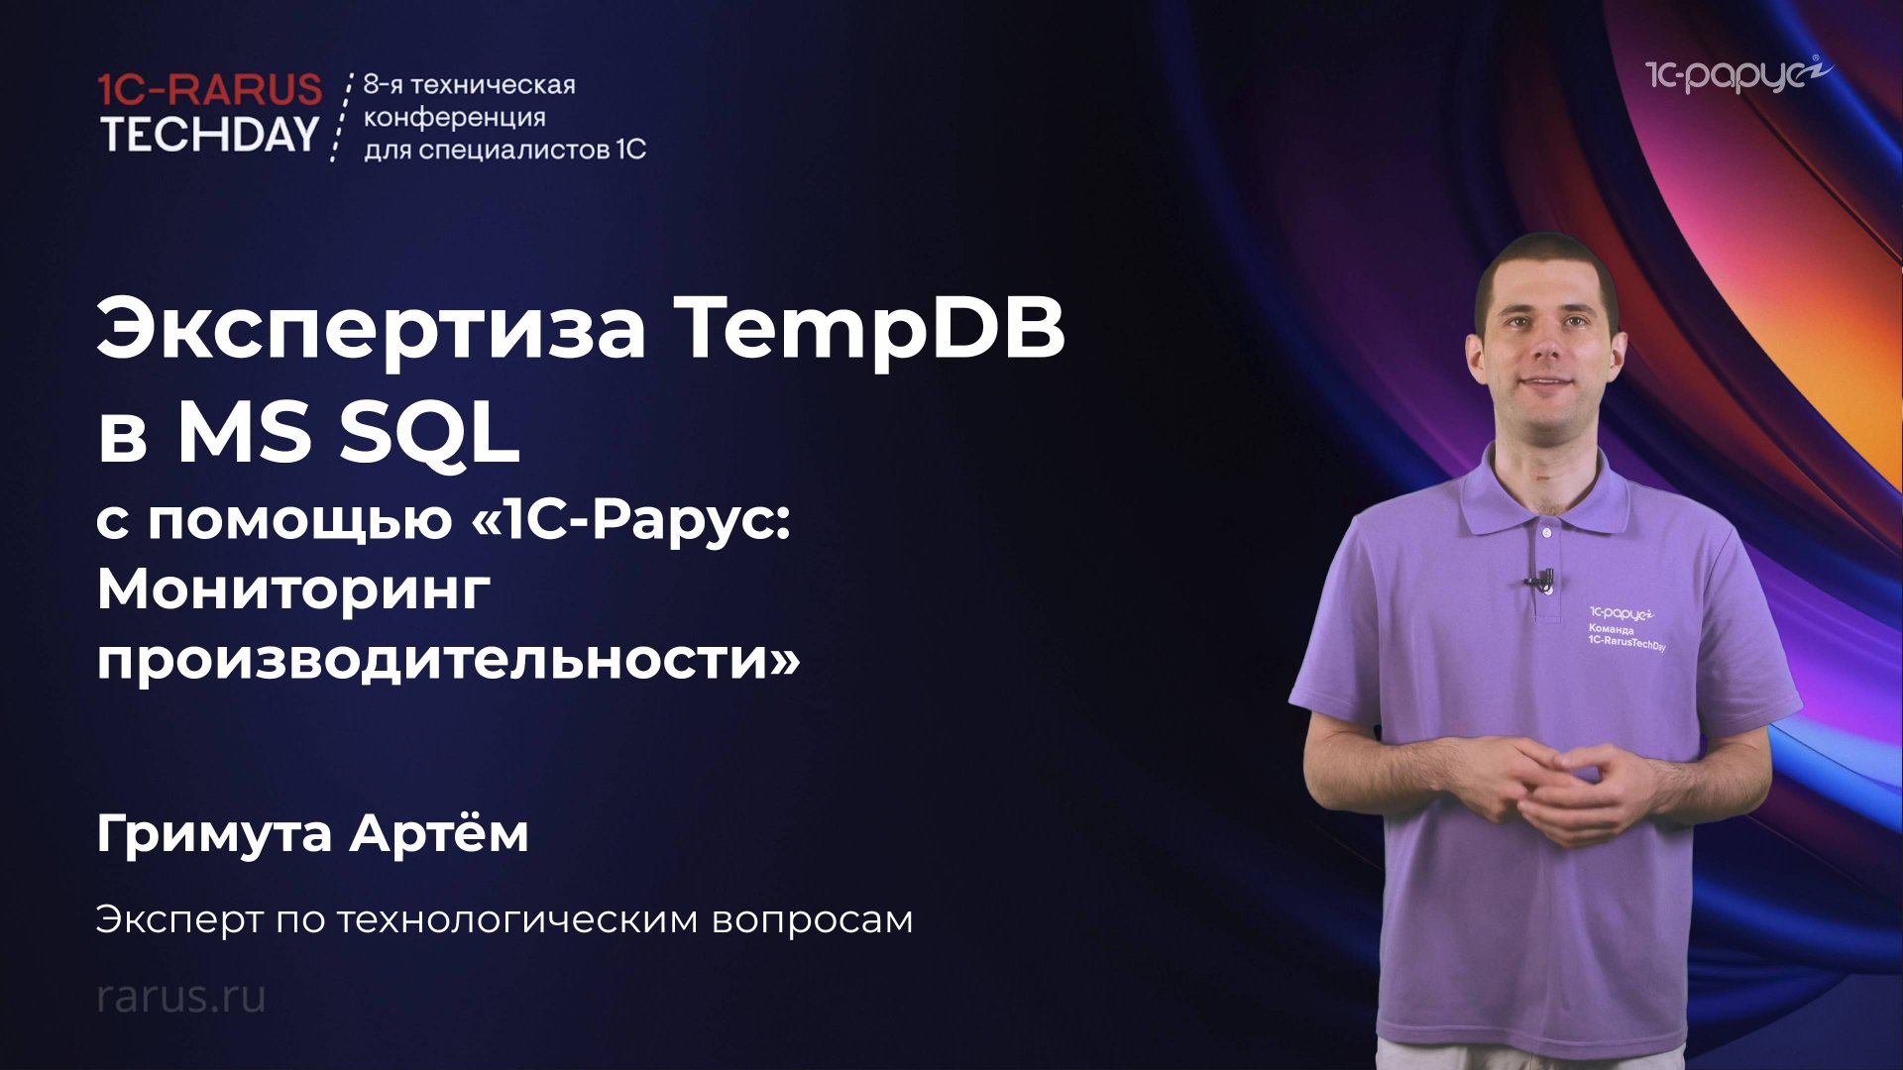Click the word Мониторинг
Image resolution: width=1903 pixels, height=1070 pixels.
[x=293, y=590]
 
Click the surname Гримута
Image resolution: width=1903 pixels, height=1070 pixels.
[x=214, y=833]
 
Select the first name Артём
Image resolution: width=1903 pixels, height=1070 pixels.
[x=439, y=833]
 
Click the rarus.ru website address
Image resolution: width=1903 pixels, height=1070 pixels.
[x=181, y=996]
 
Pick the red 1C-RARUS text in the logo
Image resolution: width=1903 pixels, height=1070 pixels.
[x=210, y=90]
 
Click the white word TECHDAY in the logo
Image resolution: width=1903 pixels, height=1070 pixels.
[x=210, y=135]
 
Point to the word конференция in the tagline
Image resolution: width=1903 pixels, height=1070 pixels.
[x=455, y=117]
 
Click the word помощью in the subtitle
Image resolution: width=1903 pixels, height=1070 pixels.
[x=299, y=520]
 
